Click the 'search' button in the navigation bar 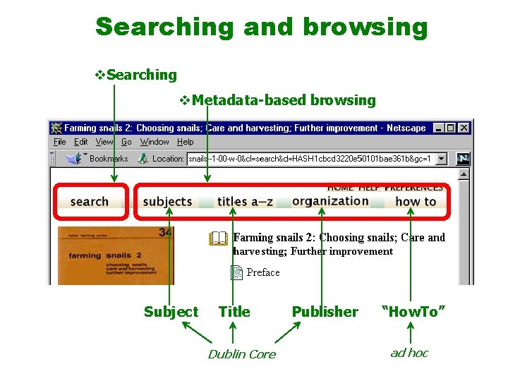tap(89, 202)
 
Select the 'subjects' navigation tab tap(167, 202)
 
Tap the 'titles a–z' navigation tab tap(245, 202)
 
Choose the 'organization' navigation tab tap(330, 201)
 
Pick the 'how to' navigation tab tap(416, 202)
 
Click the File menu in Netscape tap(60, 142)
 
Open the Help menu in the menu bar tap(185, 142)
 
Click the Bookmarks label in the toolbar tap(108, 159)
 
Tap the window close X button tap(464, 128)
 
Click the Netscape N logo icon tap(463, 159)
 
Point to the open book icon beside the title tap(219, 238)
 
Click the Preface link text tap(263, 272)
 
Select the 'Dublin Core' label tap(241, 354)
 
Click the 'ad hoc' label tap(409, 353)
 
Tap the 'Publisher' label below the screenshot tap(325, 312)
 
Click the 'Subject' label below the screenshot tap(171, 312)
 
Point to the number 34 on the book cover tap(166, 232)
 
